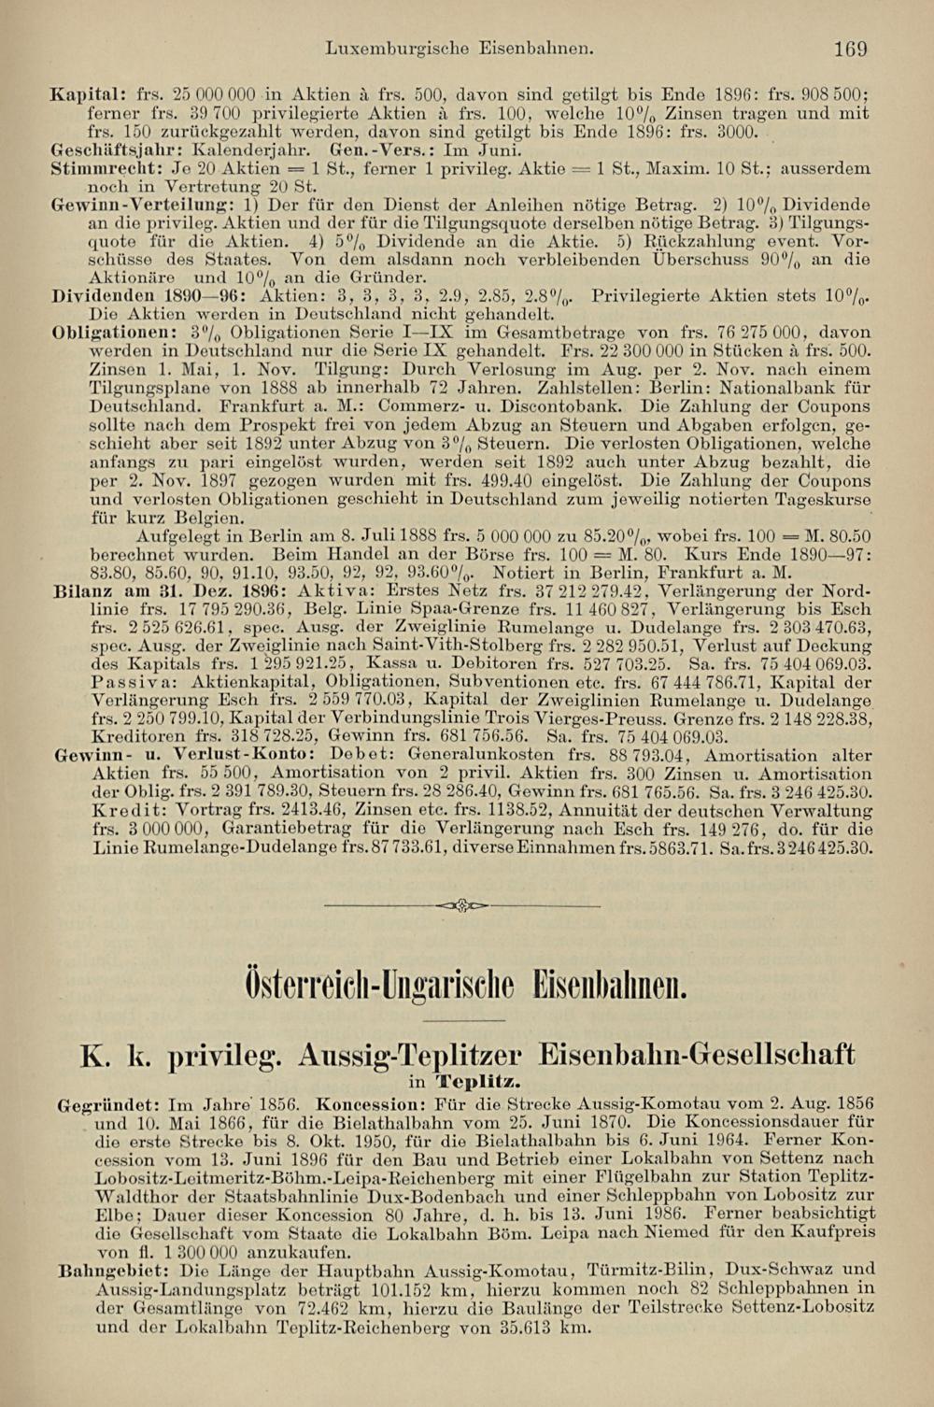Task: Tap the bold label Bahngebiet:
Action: pos(113,1271)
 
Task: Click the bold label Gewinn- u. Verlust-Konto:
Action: pos(181,755)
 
